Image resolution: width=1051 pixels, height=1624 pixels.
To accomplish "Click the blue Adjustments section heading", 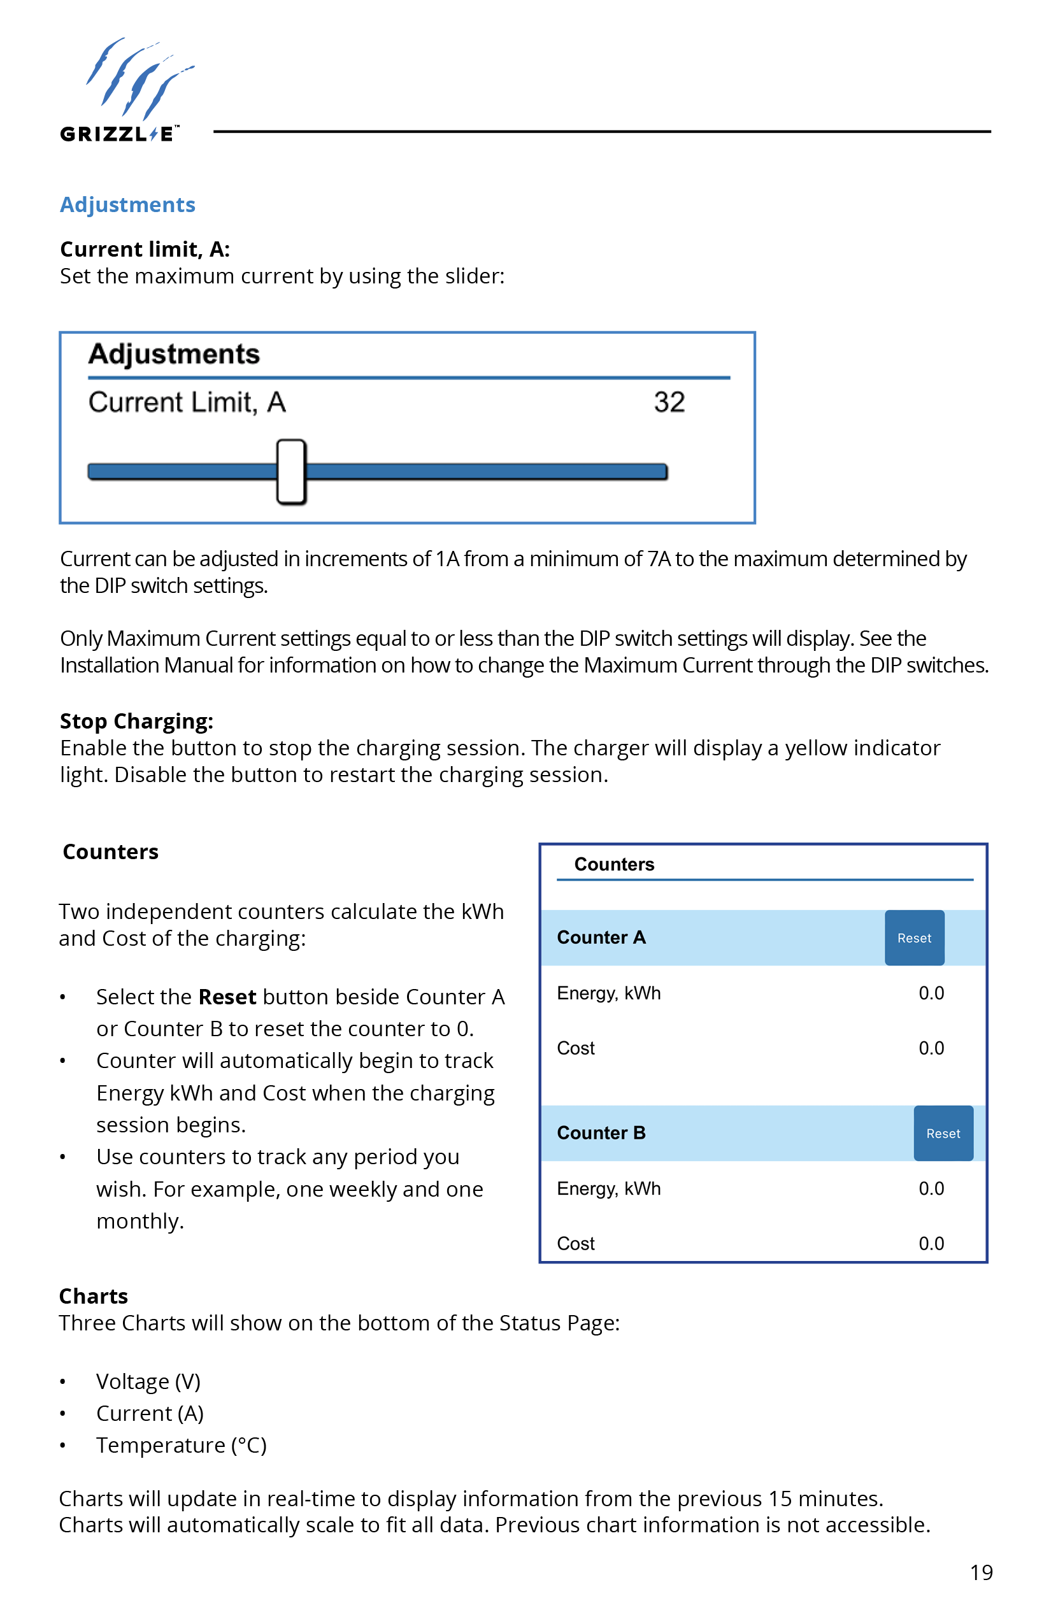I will (x=127, y=204).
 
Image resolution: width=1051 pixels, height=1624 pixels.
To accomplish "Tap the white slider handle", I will (x=292, y=471).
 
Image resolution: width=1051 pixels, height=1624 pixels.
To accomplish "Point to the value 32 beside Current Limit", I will (x=669, y=402).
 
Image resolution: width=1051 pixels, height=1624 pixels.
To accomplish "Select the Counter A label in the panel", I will (x=601, y=937).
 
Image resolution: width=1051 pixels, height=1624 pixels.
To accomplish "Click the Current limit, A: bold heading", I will (x=145, y=249).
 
